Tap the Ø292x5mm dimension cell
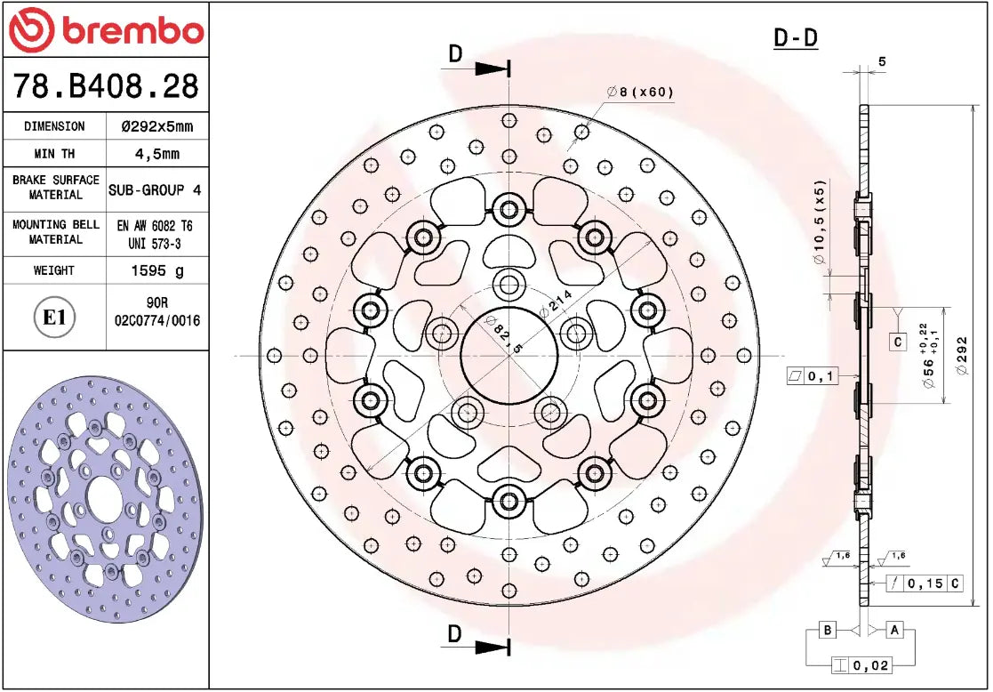pos(156,126)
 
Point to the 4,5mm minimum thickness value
pos(156,154)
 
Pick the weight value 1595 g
pos(156,270)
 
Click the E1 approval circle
pos(55,317)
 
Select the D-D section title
pos(795,38)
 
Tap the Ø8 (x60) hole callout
pos(641,92)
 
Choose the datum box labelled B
pos(827,630)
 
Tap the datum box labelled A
pos(895,630)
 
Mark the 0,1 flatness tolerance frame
pos(812,376)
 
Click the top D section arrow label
pos(455,54)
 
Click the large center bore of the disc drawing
pos(509,355)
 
